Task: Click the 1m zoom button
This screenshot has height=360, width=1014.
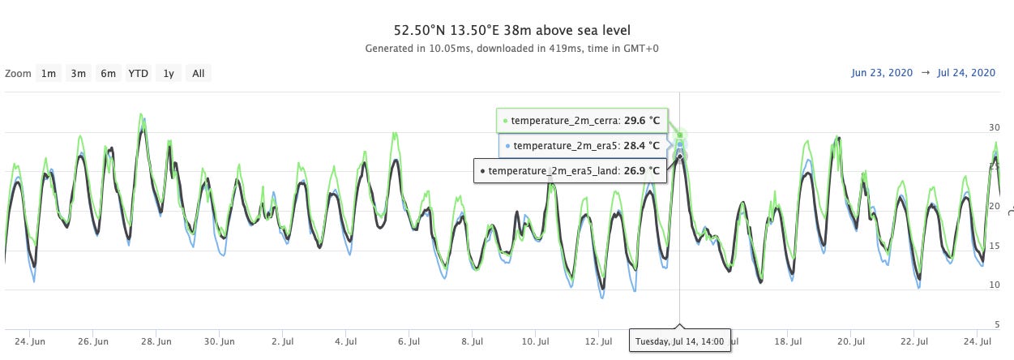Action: tap(49, 74)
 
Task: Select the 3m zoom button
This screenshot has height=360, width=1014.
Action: tap(78, 74)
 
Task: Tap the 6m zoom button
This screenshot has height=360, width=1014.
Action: tap(108, 74)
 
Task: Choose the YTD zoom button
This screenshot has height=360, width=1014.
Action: tap(139, 74)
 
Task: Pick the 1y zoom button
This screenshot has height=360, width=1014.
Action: tap(168, 74)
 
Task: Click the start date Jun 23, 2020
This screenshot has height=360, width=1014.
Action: tap(882, 73)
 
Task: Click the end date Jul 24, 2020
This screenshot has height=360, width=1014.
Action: tap(965, 73)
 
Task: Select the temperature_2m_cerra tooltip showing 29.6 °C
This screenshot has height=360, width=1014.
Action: tap(582, 121)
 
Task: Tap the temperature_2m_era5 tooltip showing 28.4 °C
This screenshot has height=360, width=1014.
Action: tap(584, 146)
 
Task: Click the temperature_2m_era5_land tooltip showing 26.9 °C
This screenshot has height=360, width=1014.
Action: tap(571, 171)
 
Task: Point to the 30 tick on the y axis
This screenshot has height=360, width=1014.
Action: tap(994, 128)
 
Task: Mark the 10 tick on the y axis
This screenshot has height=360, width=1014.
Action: tap(994, 285)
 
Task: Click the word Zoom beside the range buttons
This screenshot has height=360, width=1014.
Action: tap(18, 74)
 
